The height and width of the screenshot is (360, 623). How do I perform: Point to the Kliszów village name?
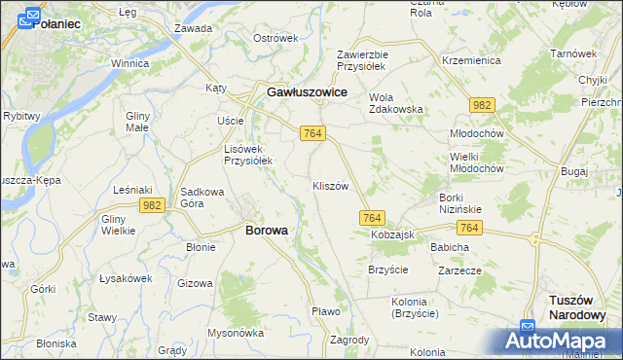pos(330,186)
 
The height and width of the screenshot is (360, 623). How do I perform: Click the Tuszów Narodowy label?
pos(577,307)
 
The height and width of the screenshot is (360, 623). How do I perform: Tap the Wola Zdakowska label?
pos(395,103)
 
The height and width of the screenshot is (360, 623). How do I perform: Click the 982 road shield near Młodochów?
pos(480,103)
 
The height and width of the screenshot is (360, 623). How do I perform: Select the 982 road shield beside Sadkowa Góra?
pos(151,204)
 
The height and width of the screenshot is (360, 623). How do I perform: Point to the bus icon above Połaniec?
pos(32,15)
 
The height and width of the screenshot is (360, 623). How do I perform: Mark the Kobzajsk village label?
pos(392,235)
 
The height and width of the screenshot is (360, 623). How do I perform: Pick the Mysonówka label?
pos(236,332)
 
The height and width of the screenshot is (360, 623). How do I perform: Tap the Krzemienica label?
pos(470,60)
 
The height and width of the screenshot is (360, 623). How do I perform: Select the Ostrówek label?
pos(275,38)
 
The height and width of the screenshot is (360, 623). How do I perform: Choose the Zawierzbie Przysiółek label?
pos(362,60)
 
